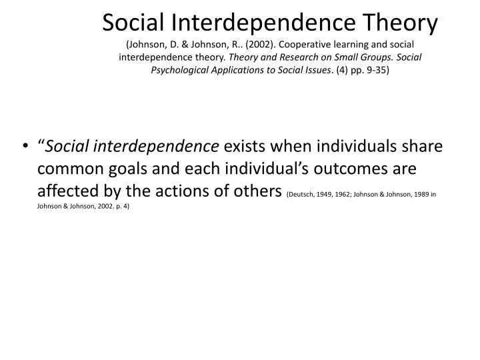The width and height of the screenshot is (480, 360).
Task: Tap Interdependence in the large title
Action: (x=260, y=23)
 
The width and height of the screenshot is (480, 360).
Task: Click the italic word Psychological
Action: (x=183, y=69)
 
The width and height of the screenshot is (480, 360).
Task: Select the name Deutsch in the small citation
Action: (x=301, y=196)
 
